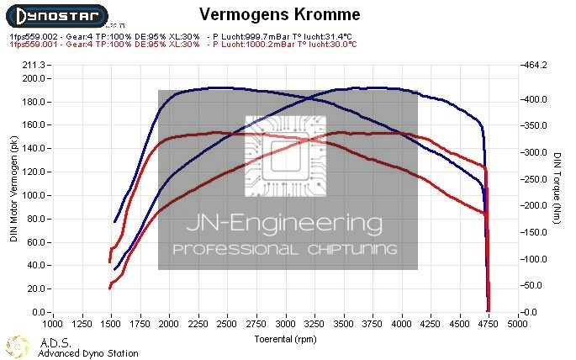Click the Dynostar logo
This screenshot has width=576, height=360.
(x=54, y=16)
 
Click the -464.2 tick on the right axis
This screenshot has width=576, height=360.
(x=536, y=65)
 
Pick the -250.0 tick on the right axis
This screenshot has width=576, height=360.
(x=536, y=179)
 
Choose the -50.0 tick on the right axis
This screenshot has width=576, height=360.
(x=534, y=286)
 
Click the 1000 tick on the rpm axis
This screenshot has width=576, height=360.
(x=52, y=323)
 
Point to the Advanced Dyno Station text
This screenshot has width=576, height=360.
(x=88, y=353)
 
